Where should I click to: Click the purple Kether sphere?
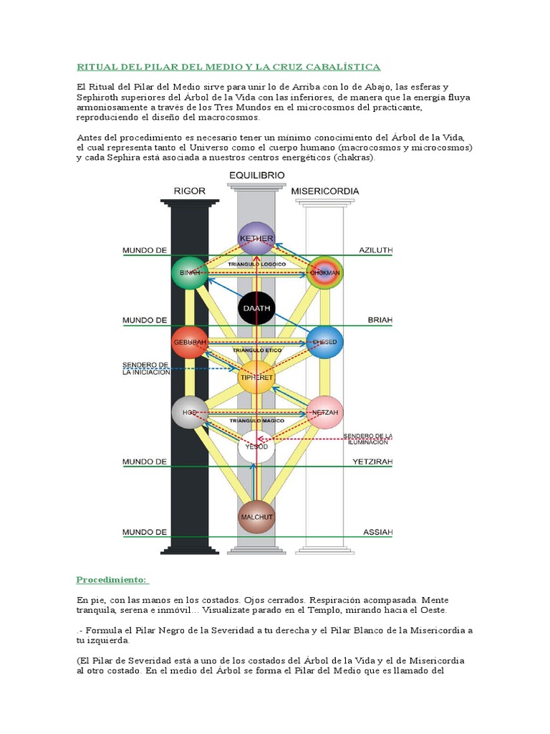click(256, 238)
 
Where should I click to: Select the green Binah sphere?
click(189, 273)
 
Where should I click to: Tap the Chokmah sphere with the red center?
click(325, 273)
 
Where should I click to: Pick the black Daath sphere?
click(256, 309)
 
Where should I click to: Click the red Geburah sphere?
click(189, 343)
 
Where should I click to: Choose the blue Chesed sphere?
click(324, 343)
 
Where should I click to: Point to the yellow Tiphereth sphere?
click(256, 376)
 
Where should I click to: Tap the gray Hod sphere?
click(189, 412)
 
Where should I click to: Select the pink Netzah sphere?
click(325, 412)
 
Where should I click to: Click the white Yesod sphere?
click(256, 448)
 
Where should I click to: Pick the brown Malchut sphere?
click(256, 517)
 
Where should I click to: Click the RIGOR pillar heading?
click(190, 191)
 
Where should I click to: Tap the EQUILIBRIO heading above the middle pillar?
click(256, 175)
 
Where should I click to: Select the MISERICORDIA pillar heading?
click(325, 191)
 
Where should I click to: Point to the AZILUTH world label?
click(376, 250)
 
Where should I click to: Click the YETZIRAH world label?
click(372, 462)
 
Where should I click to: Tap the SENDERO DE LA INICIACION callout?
click(146, 368)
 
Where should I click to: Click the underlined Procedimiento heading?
click(112, 579)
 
